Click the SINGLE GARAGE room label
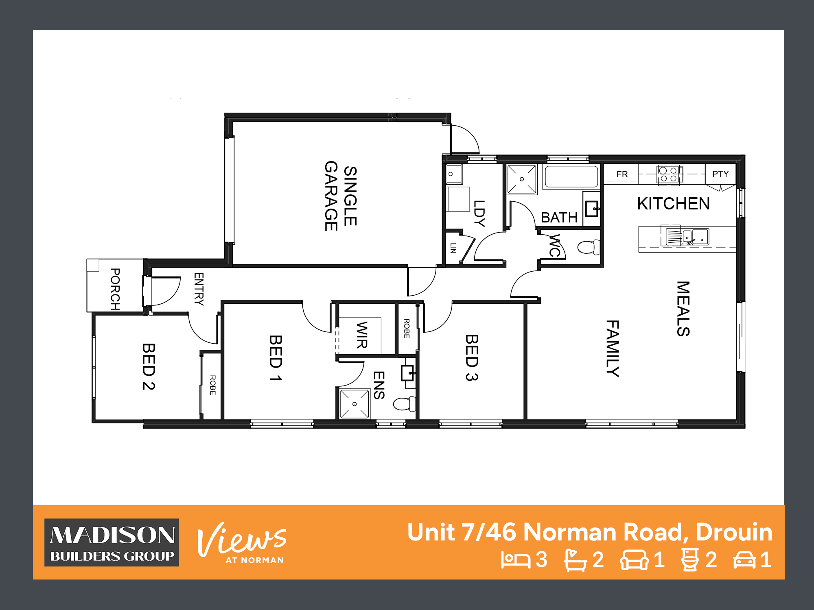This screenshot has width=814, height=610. [341, 196]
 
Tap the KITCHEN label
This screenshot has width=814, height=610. [674, 204]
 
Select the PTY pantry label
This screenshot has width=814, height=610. [720, 174]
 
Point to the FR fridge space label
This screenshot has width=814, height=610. [622, 174]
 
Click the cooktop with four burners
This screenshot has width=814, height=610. [668, 175]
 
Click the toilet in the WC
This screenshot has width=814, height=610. [589, 247]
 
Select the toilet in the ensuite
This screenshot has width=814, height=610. [405, 404]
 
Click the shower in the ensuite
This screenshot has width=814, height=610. [354, 404]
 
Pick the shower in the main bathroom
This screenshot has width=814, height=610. [522, 179]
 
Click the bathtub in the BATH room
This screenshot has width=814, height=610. [571, 176]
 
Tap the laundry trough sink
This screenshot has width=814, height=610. [454, 174]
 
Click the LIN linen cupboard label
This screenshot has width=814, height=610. [453, 248]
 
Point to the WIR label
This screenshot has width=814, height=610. [362, 335]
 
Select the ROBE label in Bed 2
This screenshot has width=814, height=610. [212, 385]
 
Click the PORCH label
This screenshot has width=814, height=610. [115, 289]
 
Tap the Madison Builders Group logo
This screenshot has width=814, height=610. [112, 542]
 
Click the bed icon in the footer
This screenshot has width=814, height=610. [516, 560]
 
